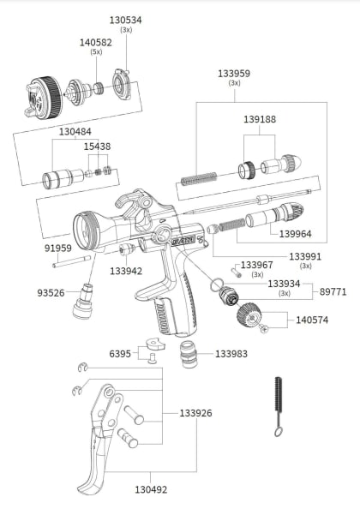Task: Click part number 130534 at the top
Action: [126, 18]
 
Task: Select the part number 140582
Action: [96, 41]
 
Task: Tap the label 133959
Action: [233, 74]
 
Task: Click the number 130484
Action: [76, 132]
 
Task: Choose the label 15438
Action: [97, 147]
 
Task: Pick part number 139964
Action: [295, 232]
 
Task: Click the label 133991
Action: [305, 255]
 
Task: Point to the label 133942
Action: [126, 271]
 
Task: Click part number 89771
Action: [333, 291]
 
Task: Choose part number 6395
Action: [120, 353]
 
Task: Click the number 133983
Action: [231, 353]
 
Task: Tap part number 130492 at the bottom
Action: [151, 491]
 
